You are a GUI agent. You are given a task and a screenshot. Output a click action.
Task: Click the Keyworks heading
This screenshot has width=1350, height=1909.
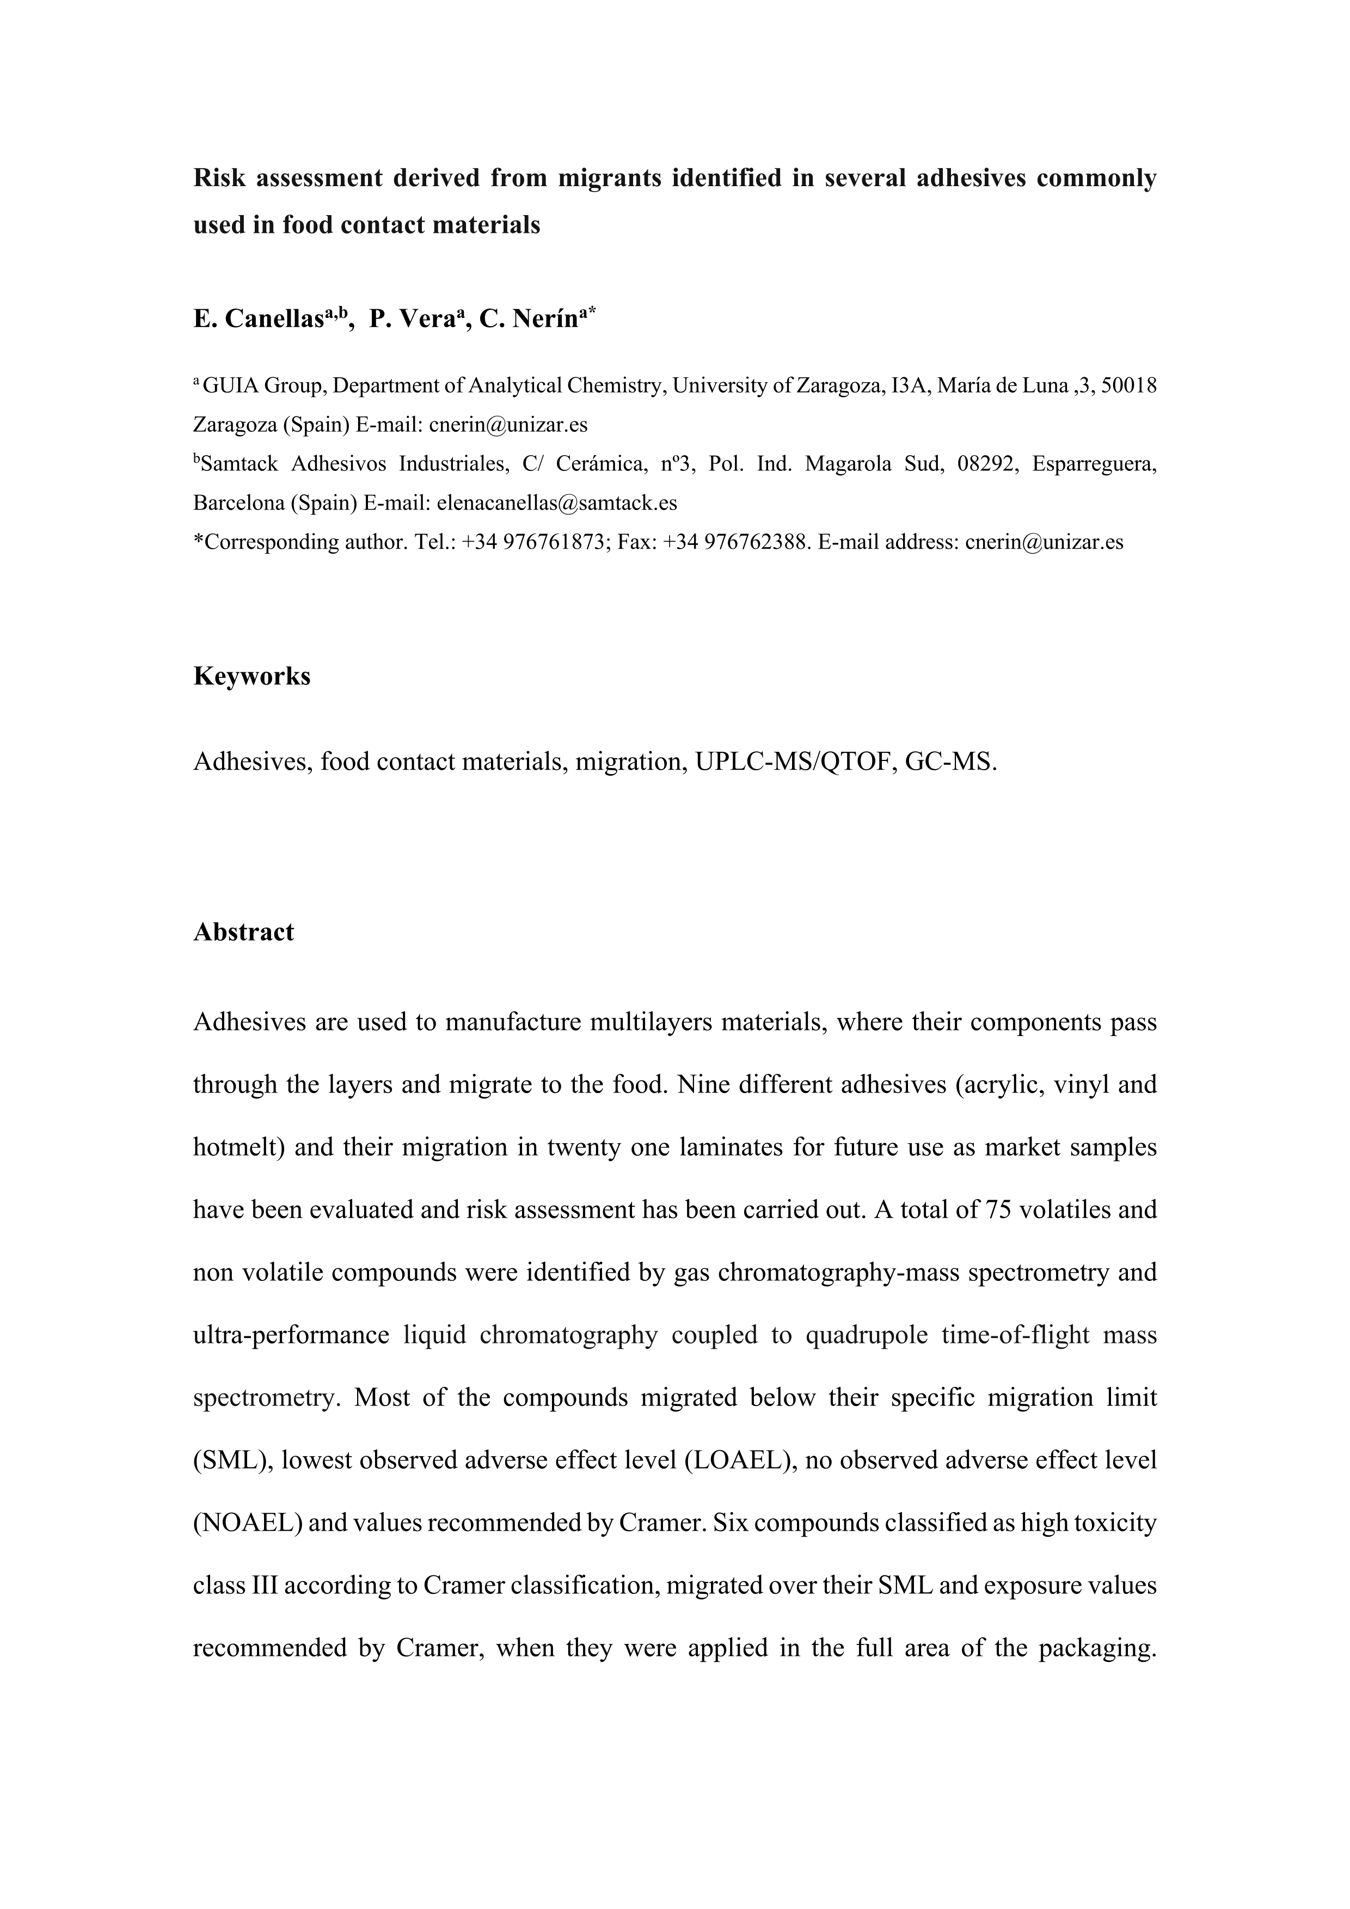click(252, 677)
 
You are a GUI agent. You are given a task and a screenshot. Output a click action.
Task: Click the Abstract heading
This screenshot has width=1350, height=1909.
click(243, 932)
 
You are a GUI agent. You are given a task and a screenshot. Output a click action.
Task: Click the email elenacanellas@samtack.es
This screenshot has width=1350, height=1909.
click(556, 503)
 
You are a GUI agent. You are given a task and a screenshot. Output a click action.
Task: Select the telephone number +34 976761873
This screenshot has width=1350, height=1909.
click(535, 542)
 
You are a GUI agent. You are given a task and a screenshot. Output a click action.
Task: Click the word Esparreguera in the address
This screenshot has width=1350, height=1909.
click(1093, 464)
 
